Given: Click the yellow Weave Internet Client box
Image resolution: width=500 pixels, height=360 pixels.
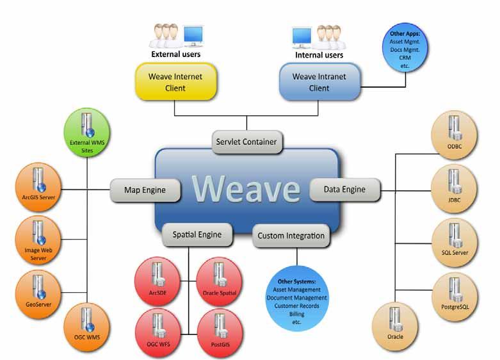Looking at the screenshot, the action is [x=176, y=82].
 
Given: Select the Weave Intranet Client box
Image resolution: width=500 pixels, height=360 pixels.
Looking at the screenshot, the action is [x=320, y=82].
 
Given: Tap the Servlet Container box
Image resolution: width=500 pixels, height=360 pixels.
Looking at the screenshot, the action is [x=247, y=142].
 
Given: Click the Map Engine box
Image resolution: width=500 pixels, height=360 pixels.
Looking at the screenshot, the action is [x=145, y=190].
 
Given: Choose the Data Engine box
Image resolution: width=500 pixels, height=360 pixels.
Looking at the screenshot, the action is [x=345, y=190].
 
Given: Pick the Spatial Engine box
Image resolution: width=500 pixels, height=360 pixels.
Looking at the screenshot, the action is [x=197, y=235].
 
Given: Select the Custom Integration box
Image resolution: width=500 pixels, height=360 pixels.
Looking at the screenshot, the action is [x=291, y=236].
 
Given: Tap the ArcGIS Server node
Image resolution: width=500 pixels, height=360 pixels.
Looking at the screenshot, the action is [x=38, y=187].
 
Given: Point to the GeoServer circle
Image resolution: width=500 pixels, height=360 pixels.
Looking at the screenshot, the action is [x=38, y=294].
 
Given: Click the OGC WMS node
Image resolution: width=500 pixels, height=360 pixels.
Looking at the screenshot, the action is [x=87, y=327].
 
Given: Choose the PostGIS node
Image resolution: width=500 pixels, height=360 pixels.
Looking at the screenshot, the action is [x=220, y=333].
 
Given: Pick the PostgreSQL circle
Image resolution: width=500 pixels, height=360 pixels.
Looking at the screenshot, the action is [x=455, y=297].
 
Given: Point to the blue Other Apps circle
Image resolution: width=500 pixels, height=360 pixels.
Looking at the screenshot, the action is [x=405, y=47].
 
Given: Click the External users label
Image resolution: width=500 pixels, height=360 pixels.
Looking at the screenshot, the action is [x=175, y=54].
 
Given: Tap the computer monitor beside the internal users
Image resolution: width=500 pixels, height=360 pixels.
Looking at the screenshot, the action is [x=302, y=37].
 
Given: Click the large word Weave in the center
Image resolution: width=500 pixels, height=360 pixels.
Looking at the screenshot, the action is [x=246, y=189].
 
